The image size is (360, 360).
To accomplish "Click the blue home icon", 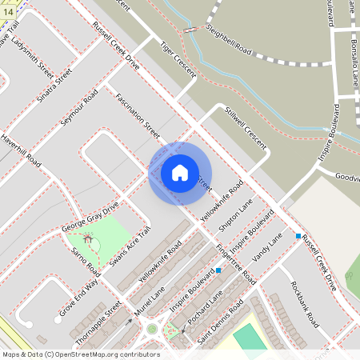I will pos(179,173).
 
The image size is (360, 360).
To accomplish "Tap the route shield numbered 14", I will pos(8,6).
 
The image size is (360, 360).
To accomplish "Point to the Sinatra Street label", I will pos(54,86).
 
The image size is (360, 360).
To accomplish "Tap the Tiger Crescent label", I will pos(178,59).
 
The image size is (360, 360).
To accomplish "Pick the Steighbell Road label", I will pos(229,41).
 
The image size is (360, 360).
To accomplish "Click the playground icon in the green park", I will pos(87,238).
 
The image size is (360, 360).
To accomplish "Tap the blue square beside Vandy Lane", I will pos(298,236).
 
